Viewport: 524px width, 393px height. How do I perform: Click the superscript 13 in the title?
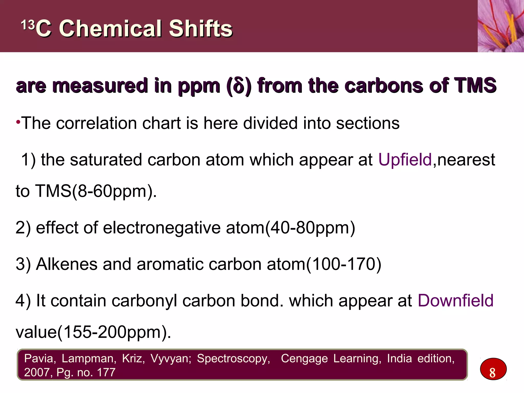28,25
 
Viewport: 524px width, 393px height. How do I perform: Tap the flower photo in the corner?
500,26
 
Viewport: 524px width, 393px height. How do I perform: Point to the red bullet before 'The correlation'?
18,122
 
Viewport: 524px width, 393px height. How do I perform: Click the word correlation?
118,123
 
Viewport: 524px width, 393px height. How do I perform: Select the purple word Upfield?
405,160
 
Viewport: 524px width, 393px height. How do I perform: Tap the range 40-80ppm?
310,228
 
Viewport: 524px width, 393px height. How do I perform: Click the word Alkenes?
67,264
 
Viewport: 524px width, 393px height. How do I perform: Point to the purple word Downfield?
455,301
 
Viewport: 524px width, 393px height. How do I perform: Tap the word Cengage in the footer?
304,358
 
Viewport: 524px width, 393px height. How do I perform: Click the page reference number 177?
106,372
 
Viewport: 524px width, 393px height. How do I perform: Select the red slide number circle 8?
493,369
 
